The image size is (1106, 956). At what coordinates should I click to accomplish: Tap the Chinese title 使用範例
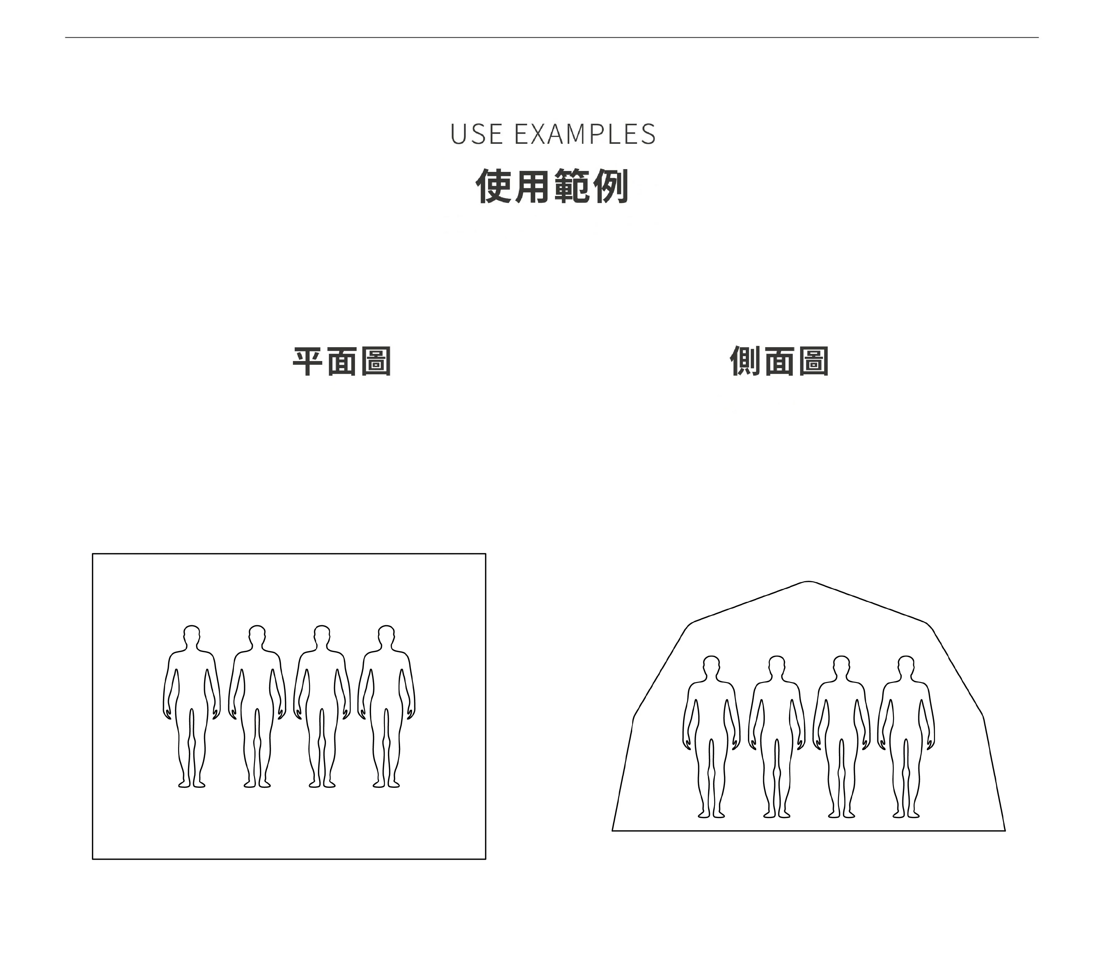pyautogui.click(x=553, y=186)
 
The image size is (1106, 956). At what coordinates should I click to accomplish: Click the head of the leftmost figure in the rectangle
pyautogui.click(x=192, y=634)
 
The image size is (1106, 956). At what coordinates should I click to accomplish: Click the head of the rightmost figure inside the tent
pyautogui.click(x=906, y=665)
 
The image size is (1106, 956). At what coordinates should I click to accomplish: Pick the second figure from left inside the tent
pyautogui.click(x=777, y=736)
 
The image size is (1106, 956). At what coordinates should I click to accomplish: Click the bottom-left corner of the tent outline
pyautogui.click(x=613, y=831)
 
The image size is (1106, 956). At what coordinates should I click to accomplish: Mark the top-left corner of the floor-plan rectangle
pyautogui.click(x=93, y=554)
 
